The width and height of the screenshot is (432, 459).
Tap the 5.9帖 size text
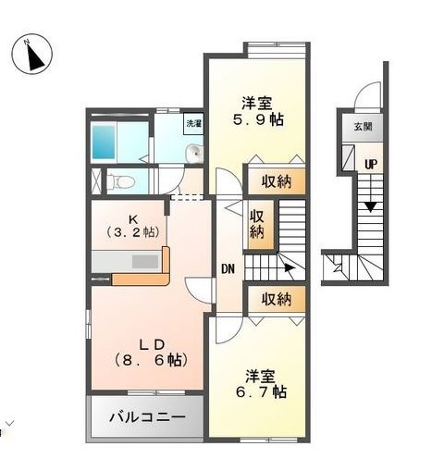pyautogui.click(x=255, y=119)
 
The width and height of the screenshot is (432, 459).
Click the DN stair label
pyautogui.click(x=228, y=269)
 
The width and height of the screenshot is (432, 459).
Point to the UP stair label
pyautogui.click(x=370, y=164)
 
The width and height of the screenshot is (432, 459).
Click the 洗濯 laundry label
pyautogui.click(x=192, y=123)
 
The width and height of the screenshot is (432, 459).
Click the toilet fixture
pyautogui.click(x=120, y=180)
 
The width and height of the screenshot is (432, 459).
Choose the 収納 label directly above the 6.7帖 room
pyautogui.click(x=276, y=299)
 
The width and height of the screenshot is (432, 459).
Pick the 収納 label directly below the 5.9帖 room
pyautogui.click(x=276, y=181)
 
